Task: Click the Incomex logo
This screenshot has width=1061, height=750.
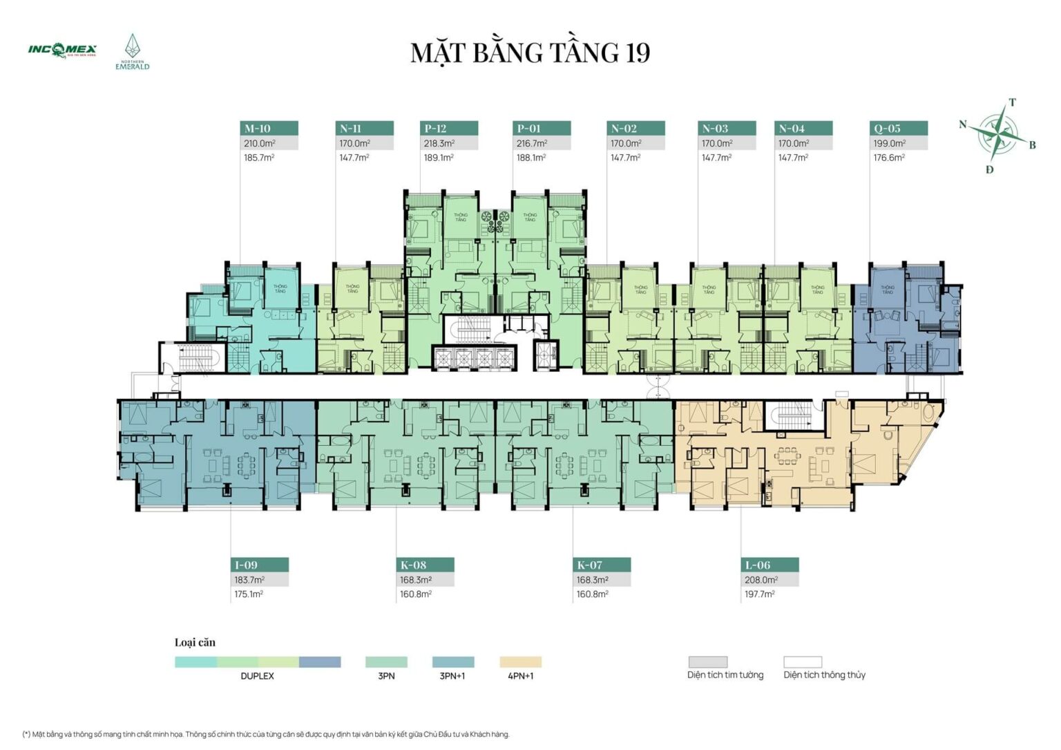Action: [62, 50]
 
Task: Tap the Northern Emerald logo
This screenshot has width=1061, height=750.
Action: [132, 53]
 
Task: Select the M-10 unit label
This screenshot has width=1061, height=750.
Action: [258, 129]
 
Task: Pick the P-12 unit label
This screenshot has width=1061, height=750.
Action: [436, 129]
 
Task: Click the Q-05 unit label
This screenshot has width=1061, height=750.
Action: [888, 129]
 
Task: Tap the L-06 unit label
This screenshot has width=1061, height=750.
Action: [758, 565]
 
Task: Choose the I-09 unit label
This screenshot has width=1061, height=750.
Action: [247, 565]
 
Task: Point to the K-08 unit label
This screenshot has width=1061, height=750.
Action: [414, 565]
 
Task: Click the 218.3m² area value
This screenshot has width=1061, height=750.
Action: [439, 144]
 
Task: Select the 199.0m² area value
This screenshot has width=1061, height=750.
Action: [889, 144]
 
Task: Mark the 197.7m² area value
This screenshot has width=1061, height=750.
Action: [759, 594]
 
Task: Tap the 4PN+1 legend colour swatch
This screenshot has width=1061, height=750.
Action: [521, 662]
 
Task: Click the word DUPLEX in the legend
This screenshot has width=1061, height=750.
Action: [257, 676]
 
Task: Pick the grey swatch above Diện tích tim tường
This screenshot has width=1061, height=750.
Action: [707, 662]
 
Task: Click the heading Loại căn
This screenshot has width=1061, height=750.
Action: [195, 642]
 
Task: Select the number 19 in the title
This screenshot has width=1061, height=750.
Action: [638, 53]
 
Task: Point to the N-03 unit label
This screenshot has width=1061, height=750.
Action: [715, 129]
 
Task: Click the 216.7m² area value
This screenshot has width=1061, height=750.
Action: [532, 144]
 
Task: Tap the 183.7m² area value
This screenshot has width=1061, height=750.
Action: [249, 580]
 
